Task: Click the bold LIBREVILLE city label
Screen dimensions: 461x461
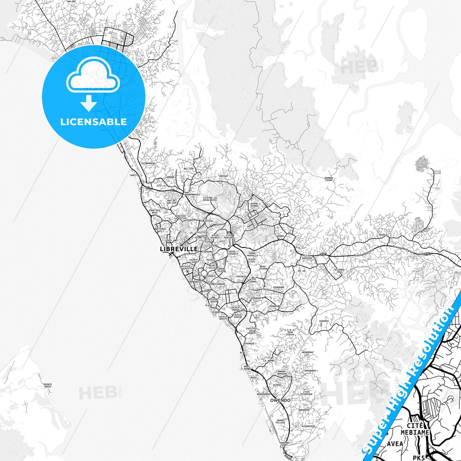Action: [x=179, y=249]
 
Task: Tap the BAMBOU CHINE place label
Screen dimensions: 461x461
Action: [x=329, y=179]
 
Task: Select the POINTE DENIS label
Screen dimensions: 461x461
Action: [x=48, y=385]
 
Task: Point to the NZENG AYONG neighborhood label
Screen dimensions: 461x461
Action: [x=254, y=205]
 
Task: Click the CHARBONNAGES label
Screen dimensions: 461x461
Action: [x=191, y=195]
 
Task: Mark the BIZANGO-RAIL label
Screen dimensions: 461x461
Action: [x=340, y=271]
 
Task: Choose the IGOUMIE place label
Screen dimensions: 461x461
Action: [x=324, y=321]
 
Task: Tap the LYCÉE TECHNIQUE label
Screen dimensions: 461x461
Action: [x=306, y=393]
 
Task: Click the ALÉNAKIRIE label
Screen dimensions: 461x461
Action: [x=308, y=426]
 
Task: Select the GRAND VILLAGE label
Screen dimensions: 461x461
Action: [x=280, y=421]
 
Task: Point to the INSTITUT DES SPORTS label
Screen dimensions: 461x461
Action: [x=251, y=331]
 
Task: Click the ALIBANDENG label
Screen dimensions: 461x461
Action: [x=148, y=163]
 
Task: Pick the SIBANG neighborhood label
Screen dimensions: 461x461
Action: [x=279, y=236]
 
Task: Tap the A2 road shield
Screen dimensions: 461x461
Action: [x=148, y=188]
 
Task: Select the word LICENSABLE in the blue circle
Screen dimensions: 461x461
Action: [x=93, y=122]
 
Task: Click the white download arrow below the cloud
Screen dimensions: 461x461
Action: [x=89, y=103]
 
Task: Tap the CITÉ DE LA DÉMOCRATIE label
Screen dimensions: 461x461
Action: [x=210, y=199]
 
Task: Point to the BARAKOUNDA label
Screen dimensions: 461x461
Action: [x=264, y=394]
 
